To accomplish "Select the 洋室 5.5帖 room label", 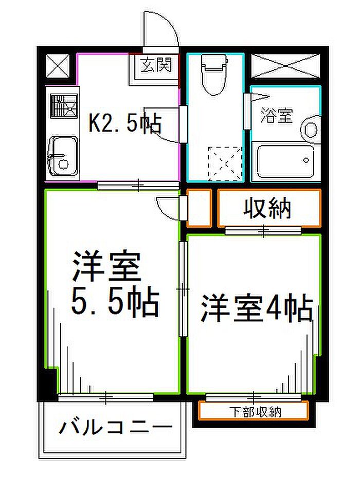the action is coord(115,284).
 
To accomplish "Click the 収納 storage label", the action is coord(267,208).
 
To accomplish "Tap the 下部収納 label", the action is coord(255,412).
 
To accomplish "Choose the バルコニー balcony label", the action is coord(116,427).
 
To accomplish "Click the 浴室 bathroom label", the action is coord(277,116).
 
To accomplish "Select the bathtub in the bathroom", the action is coord(285,161).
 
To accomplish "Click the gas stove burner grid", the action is coord(64,106).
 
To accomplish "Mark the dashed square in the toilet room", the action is coord(225,163).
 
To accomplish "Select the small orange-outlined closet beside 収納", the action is coord(199,208).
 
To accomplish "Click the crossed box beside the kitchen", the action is coord(58,65).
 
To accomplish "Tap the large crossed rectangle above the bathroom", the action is coord(285,65).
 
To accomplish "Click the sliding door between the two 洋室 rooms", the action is coord(183,289).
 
